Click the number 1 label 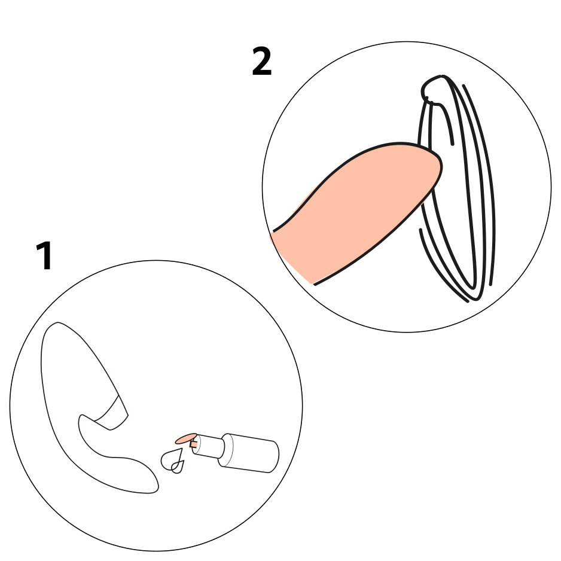click(x=45, y=255)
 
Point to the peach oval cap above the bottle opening click(x=186, y=438)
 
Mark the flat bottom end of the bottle click(x=274, y=457)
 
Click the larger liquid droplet click(x=172, y=459)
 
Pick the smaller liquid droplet click(x=178, y=467)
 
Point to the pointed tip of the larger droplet click(x=182, y=449)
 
